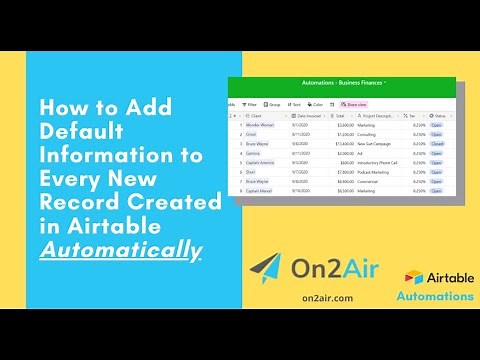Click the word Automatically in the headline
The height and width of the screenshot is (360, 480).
(x=119, y=248)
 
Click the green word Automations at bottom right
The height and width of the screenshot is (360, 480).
(x=435, y=297)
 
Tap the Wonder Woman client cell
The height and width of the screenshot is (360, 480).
(x=262, y=124)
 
